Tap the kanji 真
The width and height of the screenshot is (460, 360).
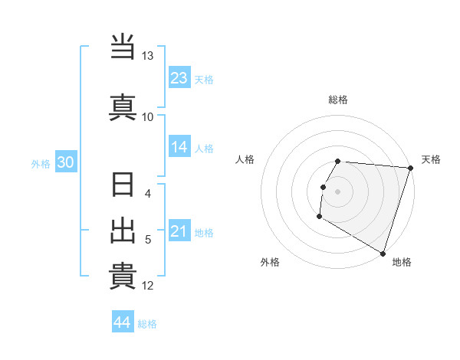pos(123,106)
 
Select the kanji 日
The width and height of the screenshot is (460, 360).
pos(123,186)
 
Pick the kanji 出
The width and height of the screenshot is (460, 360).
pos(123,231)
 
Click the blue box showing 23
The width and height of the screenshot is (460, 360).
pos(179,78)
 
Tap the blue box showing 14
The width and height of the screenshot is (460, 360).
pos(179,148)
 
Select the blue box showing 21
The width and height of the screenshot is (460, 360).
pos(179,231)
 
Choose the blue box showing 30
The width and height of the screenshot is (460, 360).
pos(65,162)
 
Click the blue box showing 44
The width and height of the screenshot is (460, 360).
pos(123,322)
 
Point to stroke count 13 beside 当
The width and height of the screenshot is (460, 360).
pos(147,57)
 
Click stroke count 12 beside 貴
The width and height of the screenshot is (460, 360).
pos(147,286)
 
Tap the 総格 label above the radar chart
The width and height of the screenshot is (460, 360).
pos(338,100)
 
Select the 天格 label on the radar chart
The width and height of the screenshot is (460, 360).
pos(431,159)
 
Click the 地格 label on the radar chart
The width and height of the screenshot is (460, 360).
pos(402,262)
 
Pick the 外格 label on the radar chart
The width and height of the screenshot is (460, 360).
pos(270,262)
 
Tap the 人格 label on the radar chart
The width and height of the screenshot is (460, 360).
pos(245,159)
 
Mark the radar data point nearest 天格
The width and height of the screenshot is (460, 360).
pos(410,168)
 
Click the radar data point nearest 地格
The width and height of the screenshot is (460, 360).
pos(383,253)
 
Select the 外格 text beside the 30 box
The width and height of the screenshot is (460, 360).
pos(41,163)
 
